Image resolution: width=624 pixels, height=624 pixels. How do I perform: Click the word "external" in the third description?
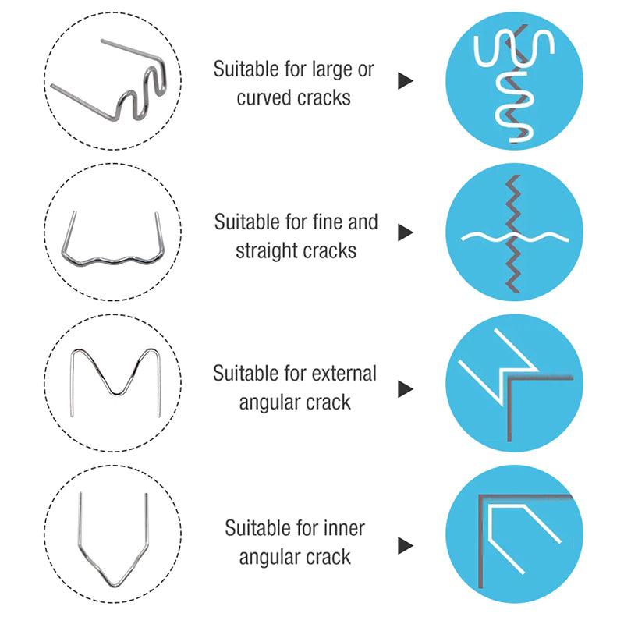coord(343,373)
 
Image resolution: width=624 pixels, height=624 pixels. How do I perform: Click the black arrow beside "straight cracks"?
coord(405,233)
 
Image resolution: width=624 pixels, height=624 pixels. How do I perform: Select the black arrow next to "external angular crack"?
coord(405,388)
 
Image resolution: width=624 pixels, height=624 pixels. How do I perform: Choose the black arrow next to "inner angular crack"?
coord(405,543)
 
